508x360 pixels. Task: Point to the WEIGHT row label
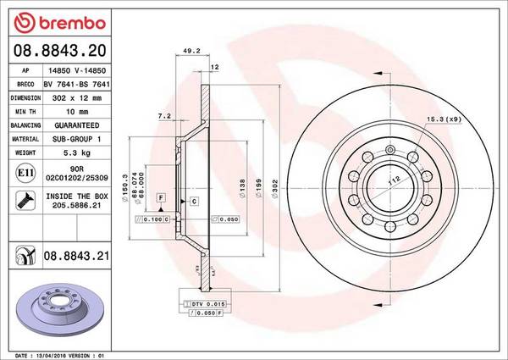[25, 153]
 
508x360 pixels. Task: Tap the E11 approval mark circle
[25, 174]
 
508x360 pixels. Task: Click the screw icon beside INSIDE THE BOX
[25, 201]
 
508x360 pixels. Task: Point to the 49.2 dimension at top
[191, 51]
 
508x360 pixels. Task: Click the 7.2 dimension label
[164, 115]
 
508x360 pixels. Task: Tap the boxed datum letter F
[159, 197]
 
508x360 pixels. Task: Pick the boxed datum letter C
[194, 201]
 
